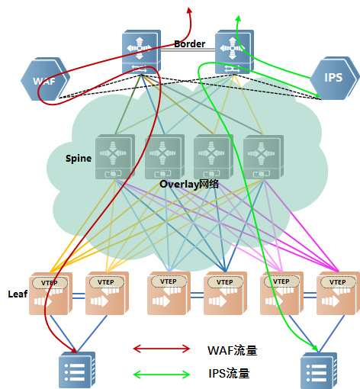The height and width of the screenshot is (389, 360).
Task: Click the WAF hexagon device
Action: (45, 79)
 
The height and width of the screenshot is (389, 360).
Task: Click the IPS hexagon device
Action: (334, 78)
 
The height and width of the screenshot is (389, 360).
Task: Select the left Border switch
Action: (141, 52)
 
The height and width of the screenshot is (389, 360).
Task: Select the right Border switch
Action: (234, 52)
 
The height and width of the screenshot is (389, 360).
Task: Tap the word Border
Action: (190, 44)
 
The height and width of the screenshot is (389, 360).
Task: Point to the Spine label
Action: (79, 159)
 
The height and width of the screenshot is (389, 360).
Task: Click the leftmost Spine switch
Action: (115, 156)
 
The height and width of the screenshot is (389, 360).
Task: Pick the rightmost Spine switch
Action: (263, 156)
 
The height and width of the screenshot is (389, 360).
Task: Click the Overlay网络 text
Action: (189, 184)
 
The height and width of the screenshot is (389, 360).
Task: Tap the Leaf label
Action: (18, 294)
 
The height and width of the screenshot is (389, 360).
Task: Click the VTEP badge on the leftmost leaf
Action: (50, 283)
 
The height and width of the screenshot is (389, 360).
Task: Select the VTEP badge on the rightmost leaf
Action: (338, 282)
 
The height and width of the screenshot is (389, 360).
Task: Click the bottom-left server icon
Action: (77, 369)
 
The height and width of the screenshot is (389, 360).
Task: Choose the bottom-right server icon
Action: (319, 371)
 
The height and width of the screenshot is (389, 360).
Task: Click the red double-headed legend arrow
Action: (162, 349)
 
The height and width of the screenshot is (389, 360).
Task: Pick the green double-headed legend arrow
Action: (162, 374)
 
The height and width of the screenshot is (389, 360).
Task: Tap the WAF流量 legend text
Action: (233, 350)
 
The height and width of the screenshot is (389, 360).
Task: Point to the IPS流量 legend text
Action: (229, 373)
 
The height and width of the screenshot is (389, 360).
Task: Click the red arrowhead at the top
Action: (189, 10)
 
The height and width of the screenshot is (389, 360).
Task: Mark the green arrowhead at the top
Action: (238, 18)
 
